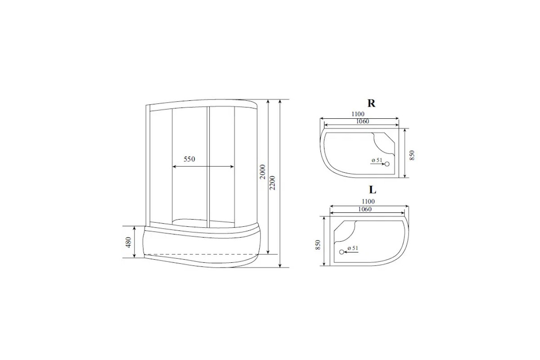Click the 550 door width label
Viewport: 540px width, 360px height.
(x=189, y=159)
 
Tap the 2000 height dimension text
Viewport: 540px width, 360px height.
(x=262, y=172)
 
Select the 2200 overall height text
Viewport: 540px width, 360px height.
(x=272, y=183)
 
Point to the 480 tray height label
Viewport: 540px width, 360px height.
(x=128, y=243)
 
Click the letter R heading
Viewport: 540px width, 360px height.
(x=371, y=103)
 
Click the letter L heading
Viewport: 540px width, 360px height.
(x=373, y=190)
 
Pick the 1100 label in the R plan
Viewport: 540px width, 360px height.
(x=358, y=114)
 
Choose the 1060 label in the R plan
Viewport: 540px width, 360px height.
(x=363, y=121)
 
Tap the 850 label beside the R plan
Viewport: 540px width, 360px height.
(x=412, y=155)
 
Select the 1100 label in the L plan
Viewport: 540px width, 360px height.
(x=368, y=201)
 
